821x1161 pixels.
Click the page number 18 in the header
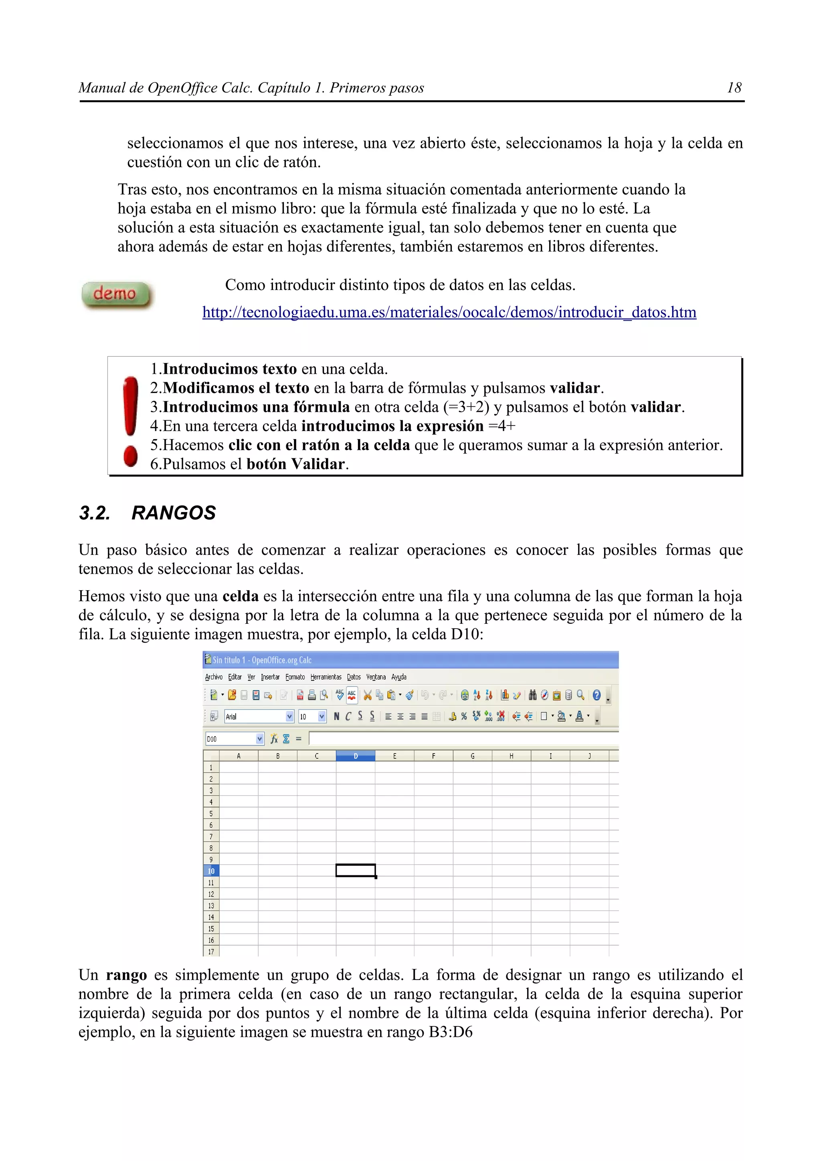pos(734,88)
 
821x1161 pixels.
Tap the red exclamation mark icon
pos(131,420)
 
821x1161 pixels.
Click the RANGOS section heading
pos(173,513)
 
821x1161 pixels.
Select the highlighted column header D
pos(355,756)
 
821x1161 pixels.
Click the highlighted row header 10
pos(211,871)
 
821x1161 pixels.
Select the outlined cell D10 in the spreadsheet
pos(355,870)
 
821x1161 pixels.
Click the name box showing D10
pos(230,739)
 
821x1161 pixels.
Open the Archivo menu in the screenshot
pos(214,677)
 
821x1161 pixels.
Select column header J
pos(589,756)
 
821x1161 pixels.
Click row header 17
pos(211,951)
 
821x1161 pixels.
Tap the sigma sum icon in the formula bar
pos(286,739)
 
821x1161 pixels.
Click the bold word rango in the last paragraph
pos(126,975)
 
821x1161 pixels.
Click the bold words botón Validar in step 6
pos(295,464)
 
